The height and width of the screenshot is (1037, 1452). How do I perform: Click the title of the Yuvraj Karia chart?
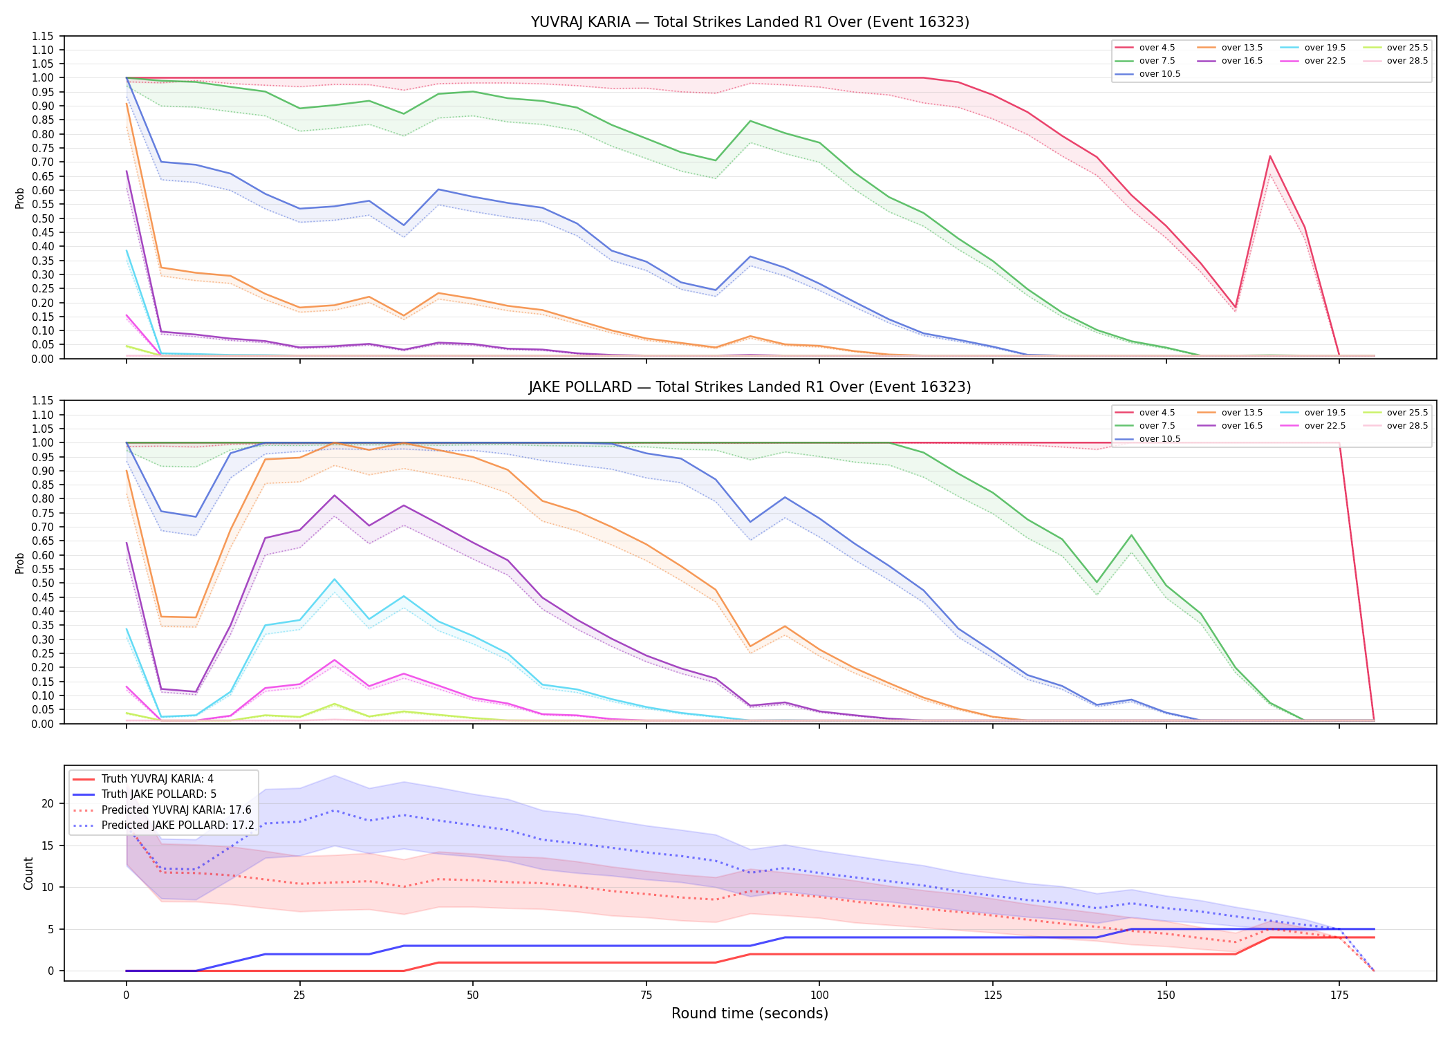[750, 22]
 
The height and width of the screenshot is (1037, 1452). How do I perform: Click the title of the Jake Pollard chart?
[750, 387]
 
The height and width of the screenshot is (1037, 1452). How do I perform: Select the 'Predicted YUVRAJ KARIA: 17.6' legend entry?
[162, 810]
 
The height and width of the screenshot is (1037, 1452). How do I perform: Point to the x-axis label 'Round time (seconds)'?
[750, 1013]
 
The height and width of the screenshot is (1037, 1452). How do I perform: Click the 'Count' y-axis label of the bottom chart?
[28, 873]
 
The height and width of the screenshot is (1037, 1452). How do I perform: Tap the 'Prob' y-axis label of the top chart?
[20, 198]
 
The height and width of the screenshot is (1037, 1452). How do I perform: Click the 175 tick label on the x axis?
[1339, 996]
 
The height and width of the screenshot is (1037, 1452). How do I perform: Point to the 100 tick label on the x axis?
[819, 996]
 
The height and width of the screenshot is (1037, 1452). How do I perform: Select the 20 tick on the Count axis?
[48, 803]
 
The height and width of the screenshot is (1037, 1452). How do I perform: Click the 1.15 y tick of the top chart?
[43, 36]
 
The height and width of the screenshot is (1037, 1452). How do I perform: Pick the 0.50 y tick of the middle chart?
[43, 583]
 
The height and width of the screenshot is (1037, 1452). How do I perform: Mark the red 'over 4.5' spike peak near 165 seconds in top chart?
[1270, 156]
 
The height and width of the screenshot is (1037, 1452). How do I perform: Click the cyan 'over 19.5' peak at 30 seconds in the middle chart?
[335, 579]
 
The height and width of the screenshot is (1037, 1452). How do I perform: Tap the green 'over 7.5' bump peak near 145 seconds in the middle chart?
[1131, 535]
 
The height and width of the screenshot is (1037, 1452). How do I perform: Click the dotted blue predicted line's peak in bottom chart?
[335, 810]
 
